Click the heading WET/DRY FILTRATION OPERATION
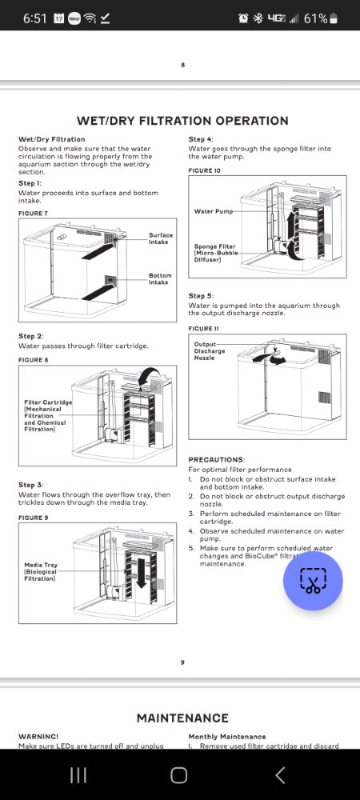[182, 121]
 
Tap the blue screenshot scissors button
[313, 581]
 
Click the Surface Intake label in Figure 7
[161, 238]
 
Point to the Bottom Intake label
[160, 278]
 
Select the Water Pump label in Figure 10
[213, 211]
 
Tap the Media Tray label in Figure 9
[41, 572]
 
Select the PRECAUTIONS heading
[217, 460]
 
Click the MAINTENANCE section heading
[182, 718]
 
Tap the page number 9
[182, 662]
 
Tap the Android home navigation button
[179, 775]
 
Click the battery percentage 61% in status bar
[315, 19]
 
